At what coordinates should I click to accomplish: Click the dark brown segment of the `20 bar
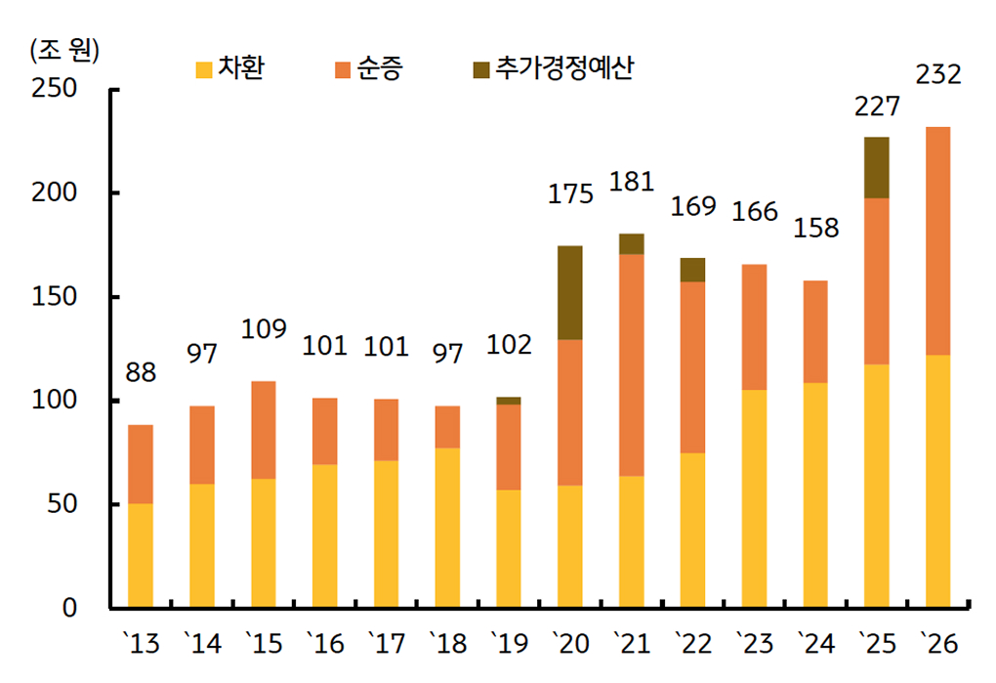pos(570,292)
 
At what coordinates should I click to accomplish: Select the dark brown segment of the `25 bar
pos(877,167)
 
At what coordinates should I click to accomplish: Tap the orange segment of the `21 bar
pos(632,364)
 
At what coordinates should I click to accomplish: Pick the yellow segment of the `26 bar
pos(937,481)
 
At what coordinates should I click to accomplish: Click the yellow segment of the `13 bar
pos(141,555)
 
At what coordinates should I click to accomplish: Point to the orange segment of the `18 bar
pos(447,427)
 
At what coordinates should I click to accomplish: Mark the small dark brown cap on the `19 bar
pos(509,401)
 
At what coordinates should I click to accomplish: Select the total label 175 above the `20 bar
pos(570,193)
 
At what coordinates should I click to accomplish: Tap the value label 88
pos(141,374)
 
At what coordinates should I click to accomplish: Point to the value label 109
pos(264,329)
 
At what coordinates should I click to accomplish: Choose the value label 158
pos(815,229)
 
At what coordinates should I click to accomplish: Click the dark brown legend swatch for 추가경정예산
pos(481,69)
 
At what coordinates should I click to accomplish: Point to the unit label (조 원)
pos(64,50)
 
